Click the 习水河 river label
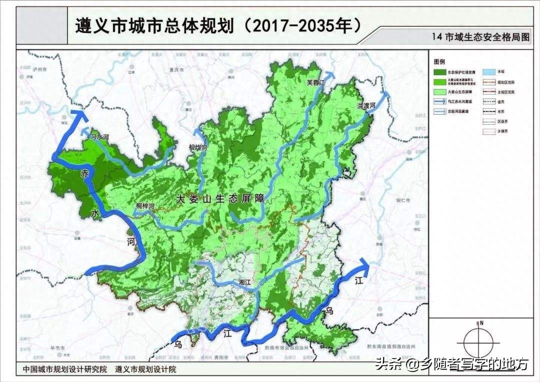pos(99,136)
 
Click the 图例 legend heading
pos(439,61)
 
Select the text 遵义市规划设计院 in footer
pos(145,369)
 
